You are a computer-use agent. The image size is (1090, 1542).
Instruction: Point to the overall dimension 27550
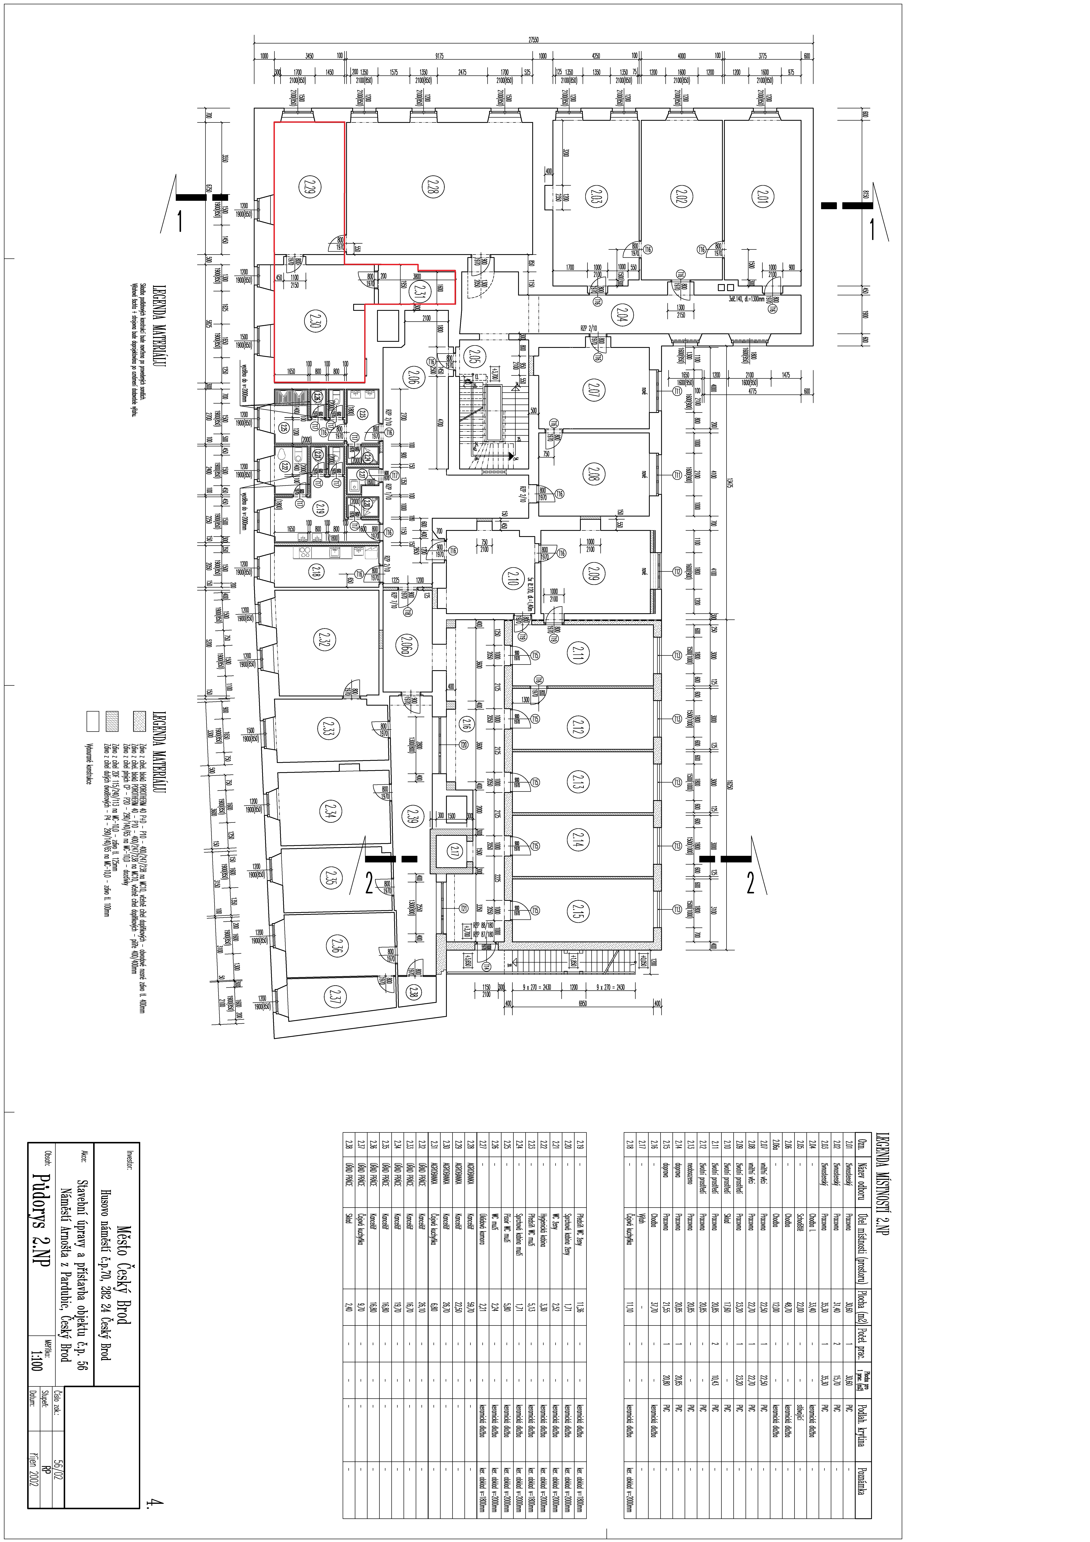click(x=532, y=40)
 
